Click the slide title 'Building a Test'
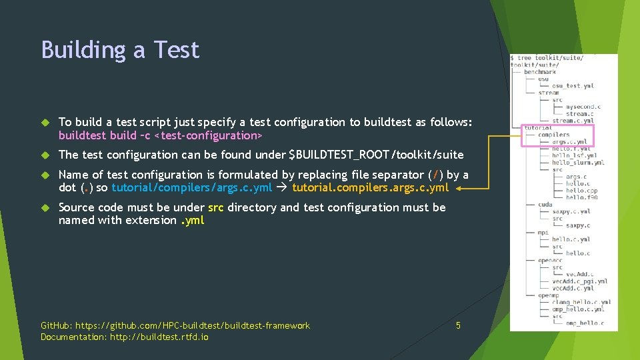120,50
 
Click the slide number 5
458,325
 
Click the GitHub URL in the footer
193,325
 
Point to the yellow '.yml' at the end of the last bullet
193,220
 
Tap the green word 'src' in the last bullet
215,207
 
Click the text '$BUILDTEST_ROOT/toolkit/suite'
376,155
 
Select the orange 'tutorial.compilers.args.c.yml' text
371,187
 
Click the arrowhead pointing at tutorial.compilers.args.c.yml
461,189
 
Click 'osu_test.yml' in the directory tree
573,85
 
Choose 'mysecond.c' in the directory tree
583,107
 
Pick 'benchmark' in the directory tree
539,72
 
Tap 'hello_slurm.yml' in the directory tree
578,162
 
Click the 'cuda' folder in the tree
545,205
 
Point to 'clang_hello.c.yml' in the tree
581,302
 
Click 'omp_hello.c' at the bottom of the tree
585,323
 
